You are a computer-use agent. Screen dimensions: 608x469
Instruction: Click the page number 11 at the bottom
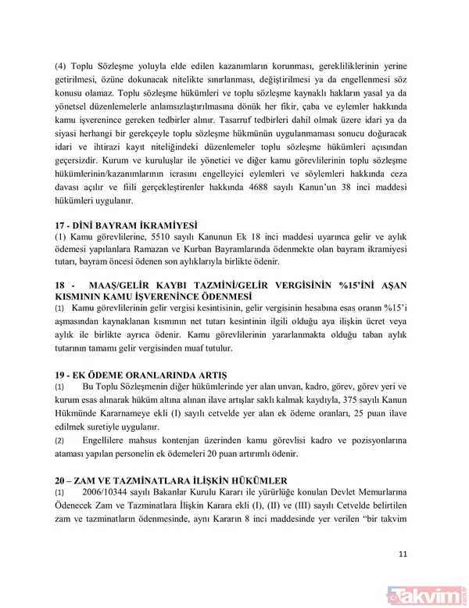tap(403, 555)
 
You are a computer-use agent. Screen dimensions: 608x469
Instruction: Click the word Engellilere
tap(107, 441)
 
